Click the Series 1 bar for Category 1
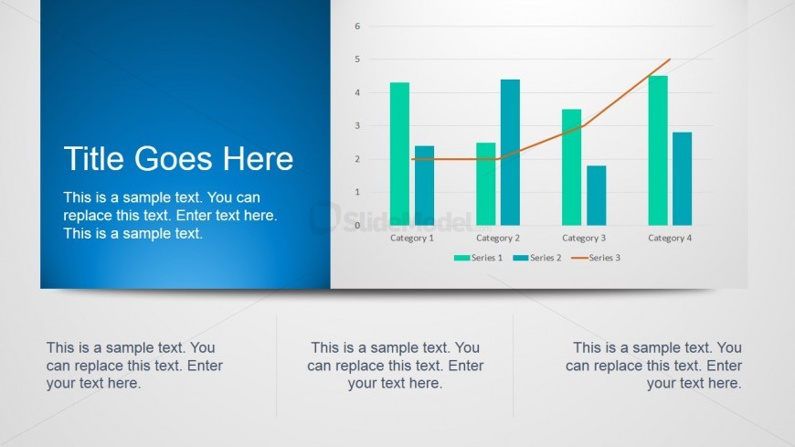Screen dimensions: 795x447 coord(399,154)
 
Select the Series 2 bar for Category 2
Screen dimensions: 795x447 coord(510,153)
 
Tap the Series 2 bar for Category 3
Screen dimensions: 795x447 coord(596,196)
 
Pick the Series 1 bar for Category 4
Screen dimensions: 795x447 coord(658,150)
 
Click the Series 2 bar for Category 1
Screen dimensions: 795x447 coord(424,186)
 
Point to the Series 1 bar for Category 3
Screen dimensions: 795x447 coord(571,167)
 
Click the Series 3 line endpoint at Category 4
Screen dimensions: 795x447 coord(670,59)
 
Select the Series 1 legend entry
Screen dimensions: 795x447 coord(478,258)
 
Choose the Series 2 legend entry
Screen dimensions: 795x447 coord(537,258)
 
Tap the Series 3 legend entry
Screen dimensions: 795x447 coord(596,258)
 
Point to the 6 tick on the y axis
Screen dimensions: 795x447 coord(357,26)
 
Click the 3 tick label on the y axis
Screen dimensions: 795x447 coord(357,126)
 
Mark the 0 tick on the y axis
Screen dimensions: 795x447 coord(357,225)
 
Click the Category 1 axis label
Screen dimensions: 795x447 coord(412,238)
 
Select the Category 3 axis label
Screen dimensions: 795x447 coord(584,238)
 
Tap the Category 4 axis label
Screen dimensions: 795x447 coord(670,238)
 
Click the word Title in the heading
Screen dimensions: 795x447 coord(94,158)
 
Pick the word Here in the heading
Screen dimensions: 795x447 coord(259,158)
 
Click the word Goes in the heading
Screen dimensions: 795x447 coord(174,158)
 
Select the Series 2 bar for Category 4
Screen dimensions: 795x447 coord(683,178)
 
